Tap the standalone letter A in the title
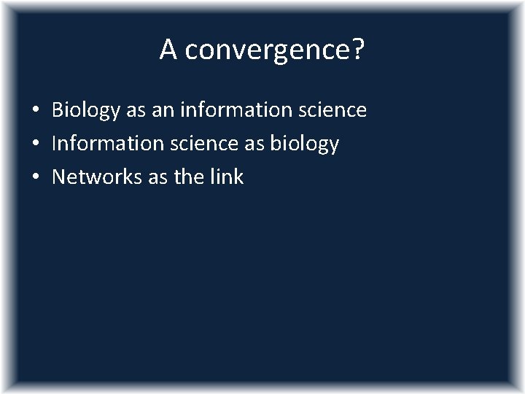tap(168, 50)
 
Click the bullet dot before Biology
tap(35, 112)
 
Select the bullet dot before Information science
tap(35, 144)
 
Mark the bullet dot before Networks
tap(35, 177)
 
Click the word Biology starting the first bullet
tap(85, 111)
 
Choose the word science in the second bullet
tap(199, 143)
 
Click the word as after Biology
tap(135, 111)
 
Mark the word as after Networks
tap(158, 177)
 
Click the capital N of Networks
tap(59, 176)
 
